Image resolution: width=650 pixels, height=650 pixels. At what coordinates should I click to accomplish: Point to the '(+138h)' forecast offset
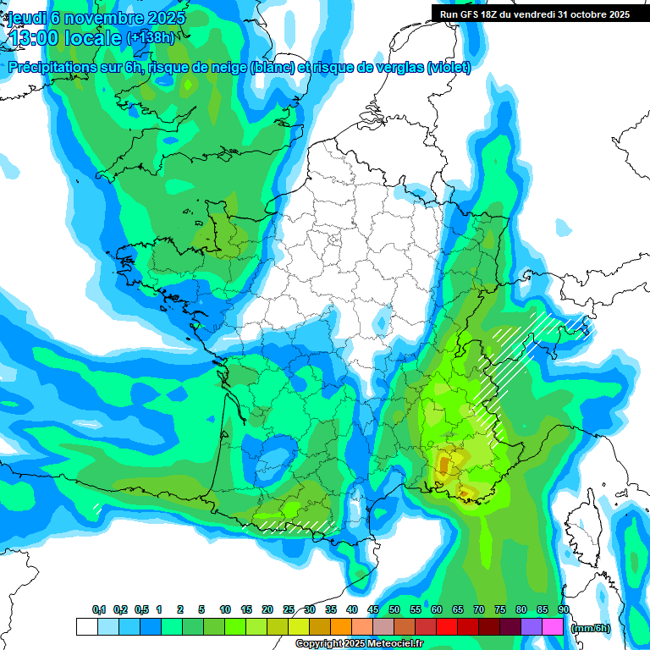pos(150,38)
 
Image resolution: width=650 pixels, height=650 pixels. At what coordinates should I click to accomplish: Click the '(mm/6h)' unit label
pos(591,628)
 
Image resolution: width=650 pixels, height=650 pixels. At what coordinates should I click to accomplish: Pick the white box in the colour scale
pos(86,627)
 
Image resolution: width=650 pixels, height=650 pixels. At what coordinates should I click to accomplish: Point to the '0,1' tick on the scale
pos(99,610)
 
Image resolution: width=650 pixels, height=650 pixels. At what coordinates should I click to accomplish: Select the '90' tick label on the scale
pos(564,610)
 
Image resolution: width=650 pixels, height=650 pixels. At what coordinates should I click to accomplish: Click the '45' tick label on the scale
pos(373,610)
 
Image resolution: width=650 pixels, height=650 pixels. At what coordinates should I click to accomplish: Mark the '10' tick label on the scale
pos(225,610)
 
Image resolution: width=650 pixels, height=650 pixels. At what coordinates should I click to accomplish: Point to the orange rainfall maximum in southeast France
pos(446,463)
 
